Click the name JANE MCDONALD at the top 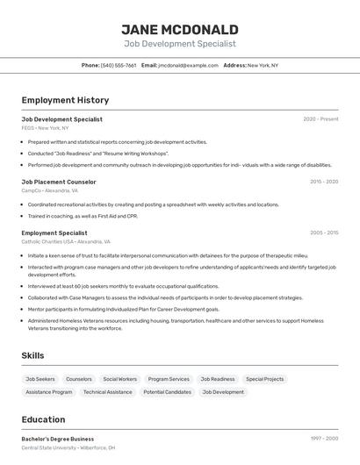[180, 29]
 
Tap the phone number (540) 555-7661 [119, 65]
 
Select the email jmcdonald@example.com [188, 65]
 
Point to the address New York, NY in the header [263, 65]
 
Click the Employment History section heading [65, 100]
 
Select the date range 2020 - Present [320, 118]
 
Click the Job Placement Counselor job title [59, 182]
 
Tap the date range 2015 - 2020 [323, 182]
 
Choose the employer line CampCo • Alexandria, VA [50, 190]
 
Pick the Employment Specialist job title [54, 232]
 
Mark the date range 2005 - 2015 [323, 232]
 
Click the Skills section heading [33, 355]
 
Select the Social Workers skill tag [119, 379]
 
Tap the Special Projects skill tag [264, 379]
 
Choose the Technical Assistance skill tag [108, 392]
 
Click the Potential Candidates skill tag [167, 392]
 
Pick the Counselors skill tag [79, 379]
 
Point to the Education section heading [44, 419]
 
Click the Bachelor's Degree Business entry [58, 439]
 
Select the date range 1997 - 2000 [323, 439]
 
